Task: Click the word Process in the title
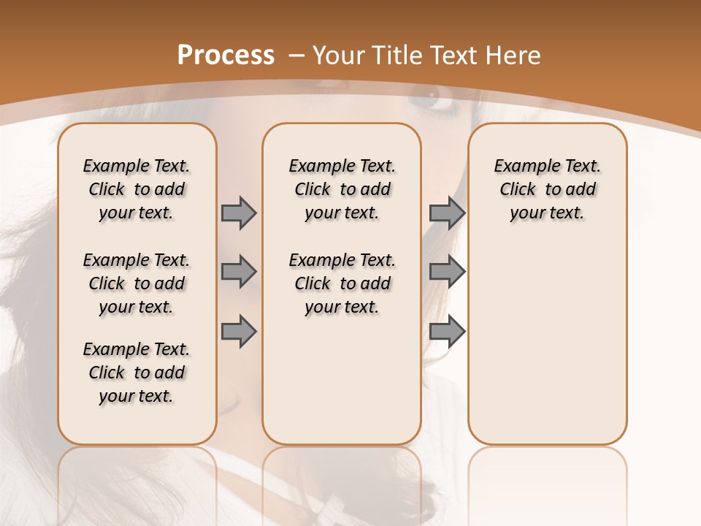[226, 56]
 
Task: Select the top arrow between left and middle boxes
[239, 213]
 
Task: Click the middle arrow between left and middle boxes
[239, 272]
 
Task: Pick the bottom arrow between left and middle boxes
[239, 332]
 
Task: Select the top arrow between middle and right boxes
[447, 213]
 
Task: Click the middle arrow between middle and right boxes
[447, 272]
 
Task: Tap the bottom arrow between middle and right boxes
[447, 332]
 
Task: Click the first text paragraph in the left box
[137, 189]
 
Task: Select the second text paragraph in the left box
[137, 283]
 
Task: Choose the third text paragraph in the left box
[137, 373]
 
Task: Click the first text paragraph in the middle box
[342, 189]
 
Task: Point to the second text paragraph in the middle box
[342, 283]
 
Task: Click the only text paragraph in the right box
[547, 189]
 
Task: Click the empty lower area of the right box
[547, 343]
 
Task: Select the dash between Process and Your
[296, 56]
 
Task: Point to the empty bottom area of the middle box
[342, 387]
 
